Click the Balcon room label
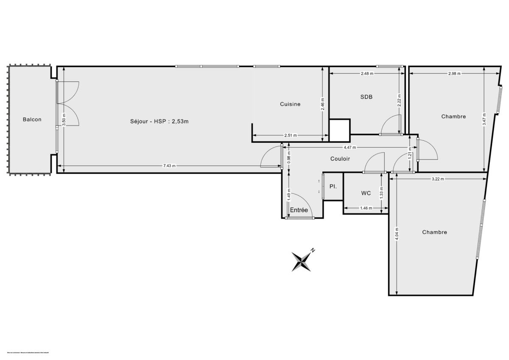pos(32,120)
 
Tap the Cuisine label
pos(290,104)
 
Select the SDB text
pos(366,97)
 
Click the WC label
pos(366,193)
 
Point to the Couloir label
pos(340,159)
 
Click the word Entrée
pos(299,210)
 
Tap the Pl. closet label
pos(333,186)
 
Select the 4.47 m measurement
pos(350,148)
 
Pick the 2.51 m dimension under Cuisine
pos(290,136)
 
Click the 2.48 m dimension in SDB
pos(367,74)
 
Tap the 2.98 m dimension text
pos(454,74)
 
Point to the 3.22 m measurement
pos(438,179)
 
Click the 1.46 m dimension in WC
pos(366,208)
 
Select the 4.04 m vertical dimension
pos(397,234)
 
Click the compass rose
pos(301,260)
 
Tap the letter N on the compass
pos(312,250)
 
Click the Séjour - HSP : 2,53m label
pos(159,121)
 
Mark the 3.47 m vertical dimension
pos(484,119)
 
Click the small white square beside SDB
pos(340,130)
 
